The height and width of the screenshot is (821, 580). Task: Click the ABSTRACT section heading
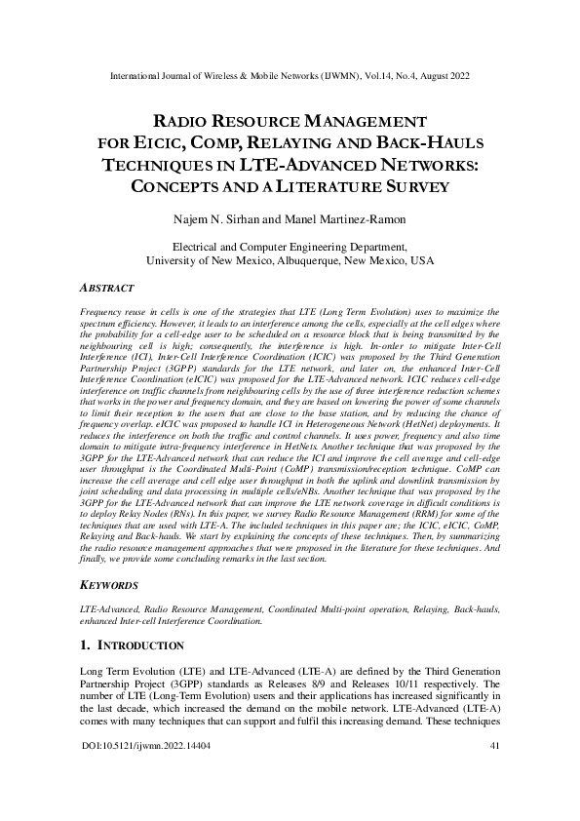pyautogui.click(x=107, y=289)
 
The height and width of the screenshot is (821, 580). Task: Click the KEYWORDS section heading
pyautogui.click(x=109, y=586)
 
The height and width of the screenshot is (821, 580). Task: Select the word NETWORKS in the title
pyautogui.click(x=410, y=165)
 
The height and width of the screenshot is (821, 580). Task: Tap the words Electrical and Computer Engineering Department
pyautogui.click(x=290, y=248)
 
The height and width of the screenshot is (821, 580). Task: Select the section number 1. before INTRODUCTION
pyautogui.click(x=83, y=645)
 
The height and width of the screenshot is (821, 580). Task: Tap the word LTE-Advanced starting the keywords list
pyautogui.click(x=107, y=607)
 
